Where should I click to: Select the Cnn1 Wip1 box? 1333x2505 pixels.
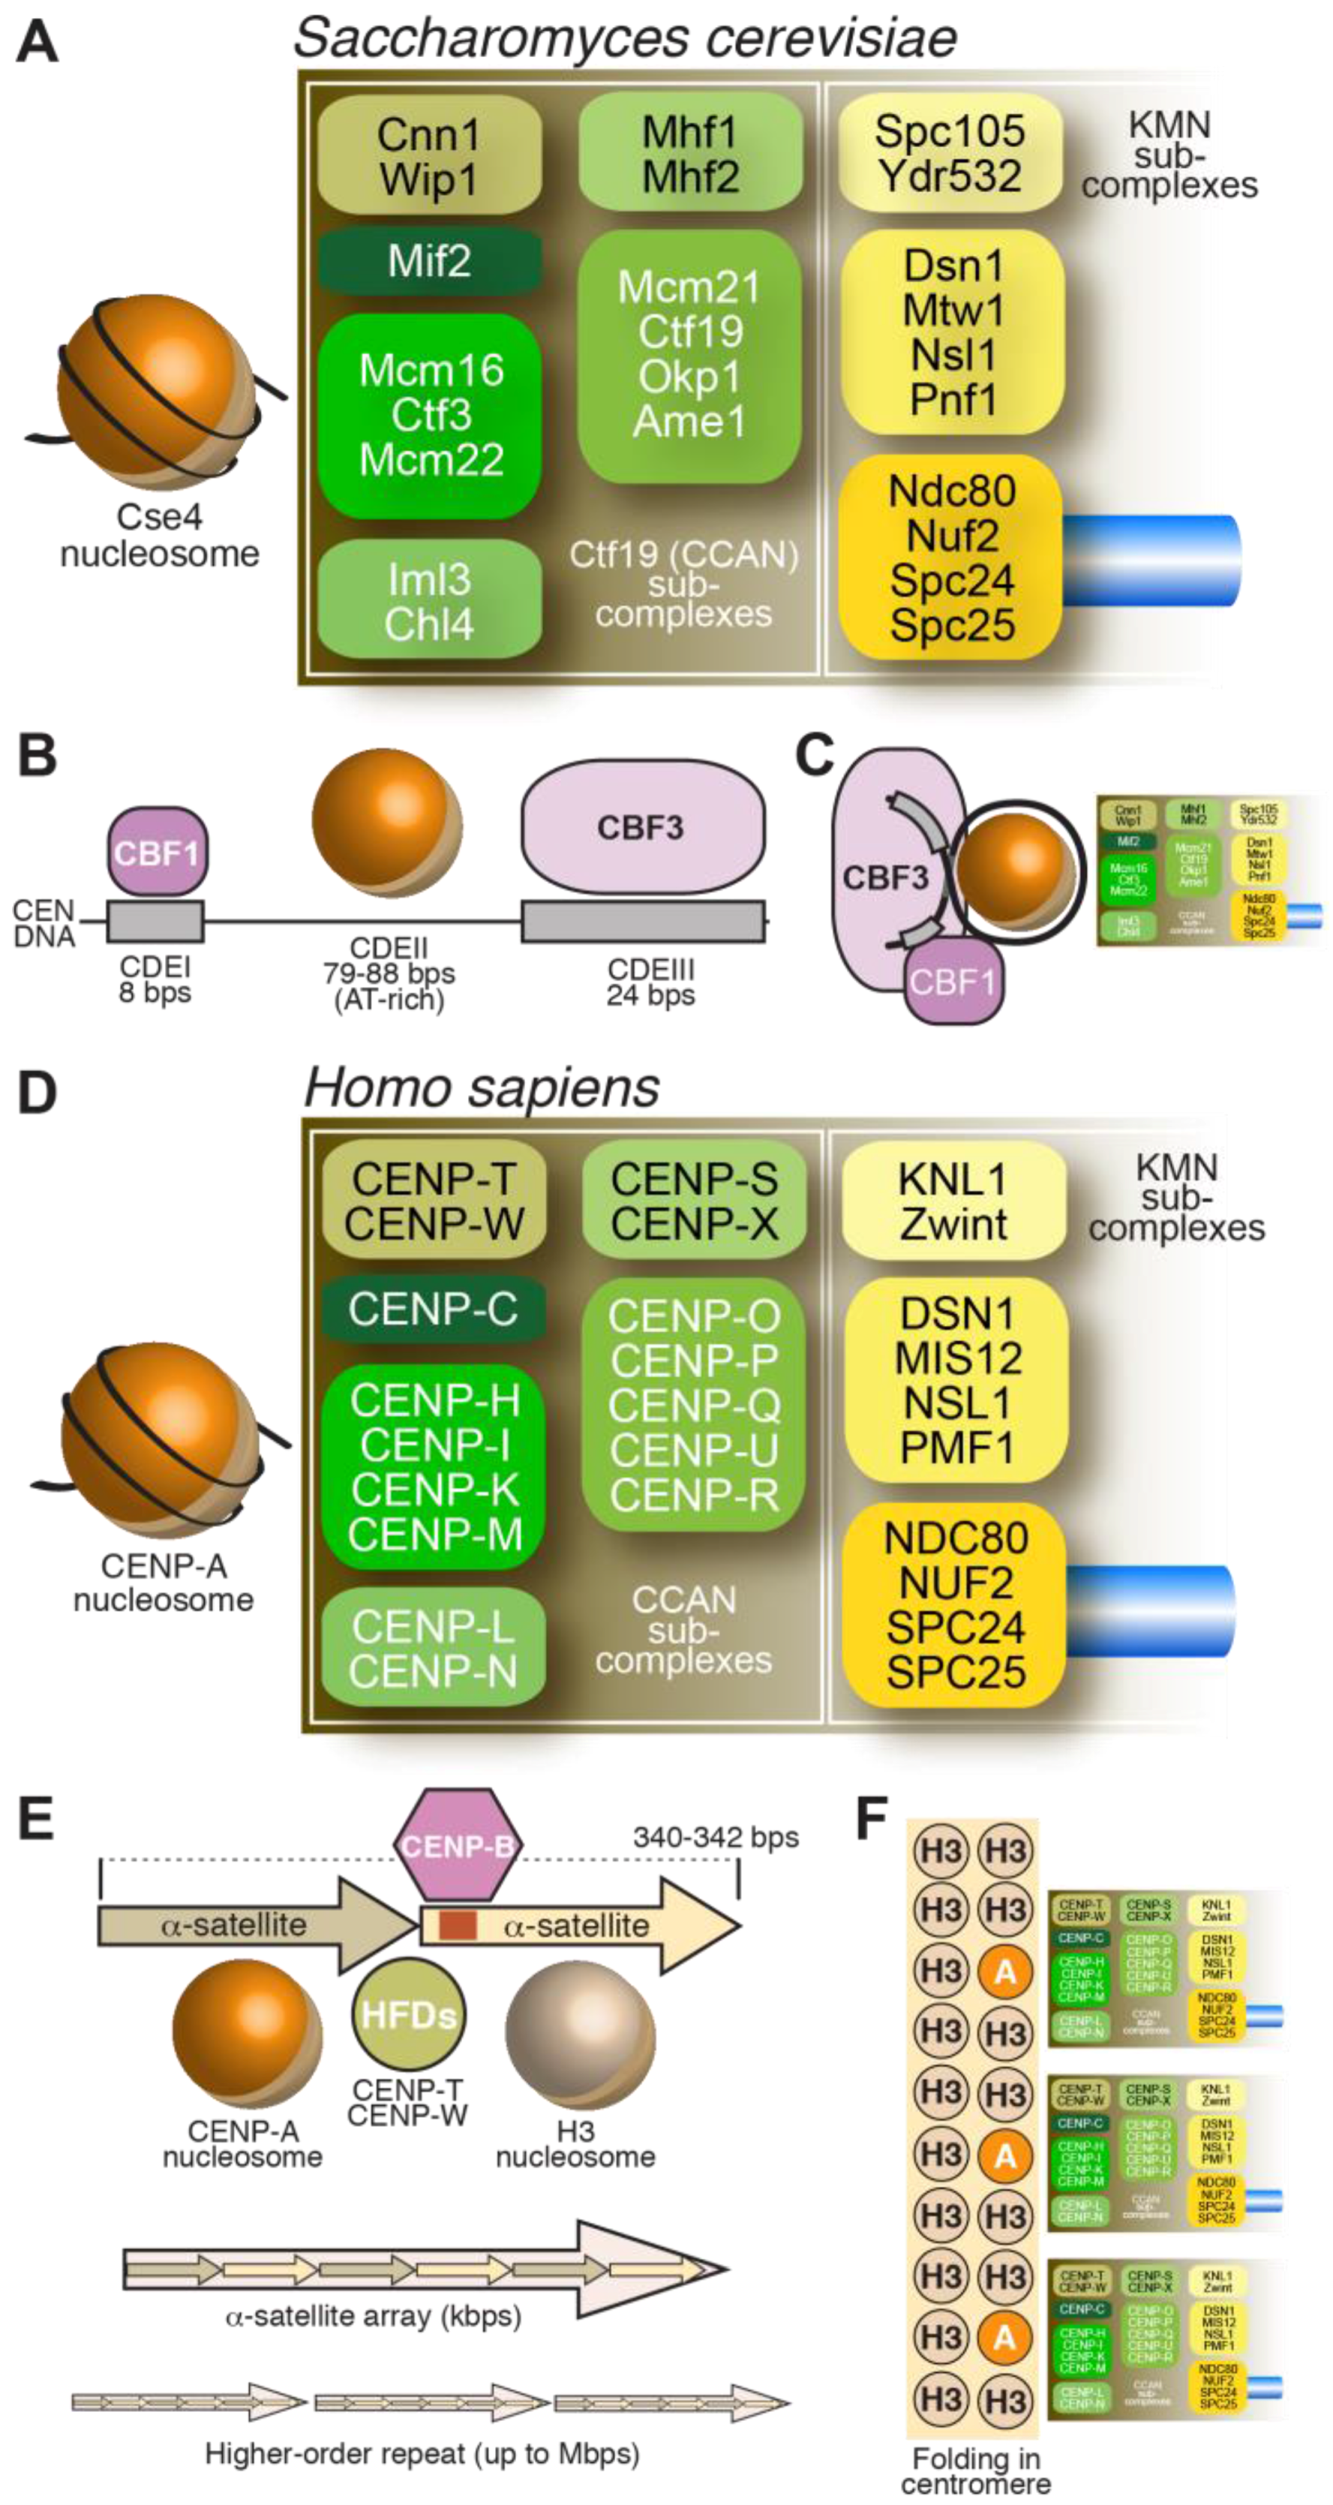point(430,155)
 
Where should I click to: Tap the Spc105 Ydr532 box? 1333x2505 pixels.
point(950,152)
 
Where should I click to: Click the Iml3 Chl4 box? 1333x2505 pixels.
point(430,601)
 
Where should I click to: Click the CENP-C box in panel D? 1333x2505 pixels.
point(434,1310)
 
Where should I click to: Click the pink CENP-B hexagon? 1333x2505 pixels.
point(457,1845)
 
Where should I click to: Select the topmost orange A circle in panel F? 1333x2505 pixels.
point(1005,1971)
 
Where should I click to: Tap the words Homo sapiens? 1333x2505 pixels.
point(482,1087)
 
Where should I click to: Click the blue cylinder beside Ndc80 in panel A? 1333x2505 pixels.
point(1152,561)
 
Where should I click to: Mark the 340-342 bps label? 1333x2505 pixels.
point(716,1837)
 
